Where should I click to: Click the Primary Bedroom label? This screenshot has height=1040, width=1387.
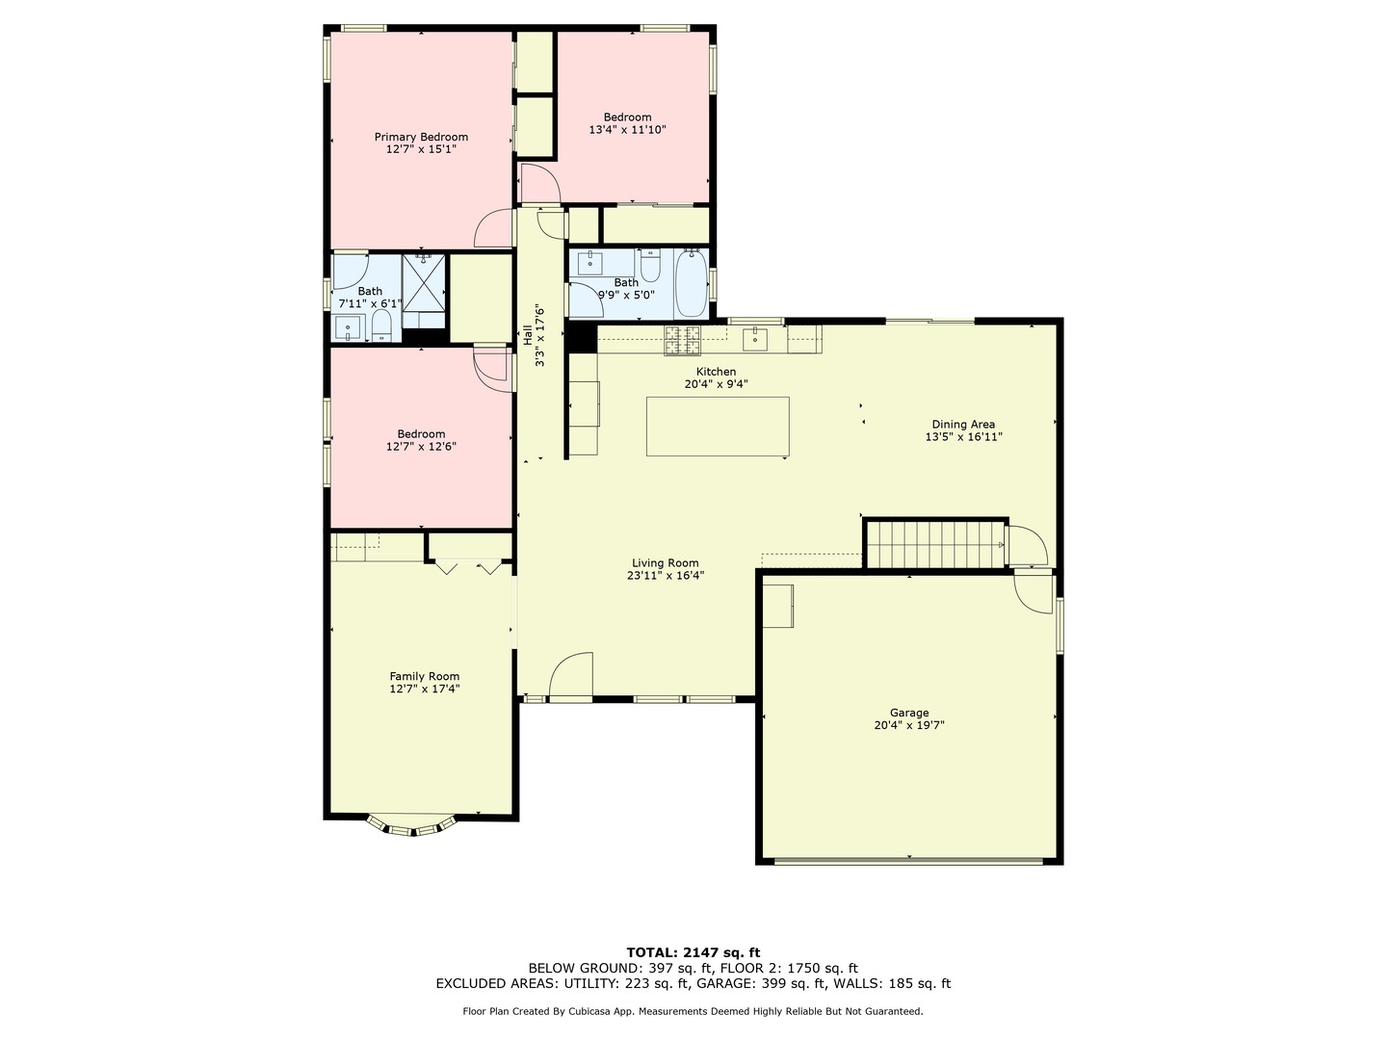pos(421,137)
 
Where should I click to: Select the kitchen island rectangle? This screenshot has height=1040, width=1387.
pos(718,427)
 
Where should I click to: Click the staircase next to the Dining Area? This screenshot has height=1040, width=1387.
pos(935,545)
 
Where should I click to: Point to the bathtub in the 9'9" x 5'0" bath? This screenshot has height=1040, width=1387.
pos(691,283)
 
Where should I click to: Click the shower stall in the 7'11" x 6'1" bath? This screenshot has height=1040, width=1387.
pos(424,282)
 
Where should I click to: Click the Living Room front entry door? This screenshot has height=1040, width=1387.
pos(571,676)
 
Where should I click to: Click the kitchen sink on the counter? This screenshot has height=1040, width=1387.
pos(756,337)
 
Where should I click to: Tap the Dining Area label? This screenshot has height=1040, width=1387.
pos(963,424)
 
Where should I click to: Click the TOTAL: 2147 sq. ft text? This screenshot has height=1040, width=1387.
pos(693,952)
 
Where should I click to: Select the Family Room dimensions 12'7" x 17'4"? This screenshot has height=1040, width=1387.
pos(424,689)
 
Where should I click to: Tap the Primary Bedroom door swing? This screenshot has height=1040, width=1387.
pos(495,229)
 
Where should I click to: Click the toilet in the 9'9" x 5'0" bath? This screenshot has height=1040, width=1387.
pos(650,264)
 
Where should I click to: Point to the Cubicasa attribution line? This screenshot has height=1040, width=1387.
pos(693,1011)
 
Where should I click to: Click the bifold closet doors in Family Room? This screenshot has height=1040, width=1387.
pos(467,566)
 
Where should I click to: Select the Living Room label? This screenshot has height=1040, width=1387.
pos(665,563)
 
